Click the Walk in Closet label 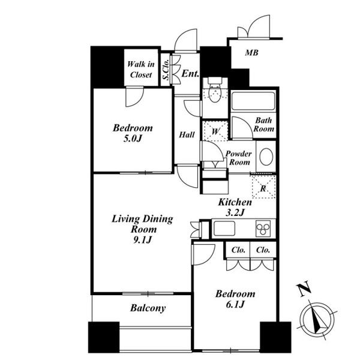pyautogui.click(x=141, y=69)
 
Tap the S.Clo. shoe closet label pyautogui.click(x=166, y=70)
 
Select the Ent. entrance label pyautogui.click(x=190, y=74)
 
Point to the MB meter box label pyautogui.click(x=251, y=53)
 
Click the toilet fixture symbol pyautogui.click(x=215, y=90)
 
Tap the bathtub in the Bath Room pyautogui.click(x=253, y=101)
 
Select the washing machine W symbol pyautogui.click(x=215, y=131)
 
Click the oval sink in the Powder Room pyautogui.click(x=266, y=157)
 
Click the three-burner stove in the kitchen pyautogui.click(x=263, y=229)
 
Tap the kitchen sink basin pyautogui.click(x=224, y=229)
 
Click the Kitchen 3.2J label pyautogui.click(x=235, y=208)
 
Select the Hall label pyautogui.click(x=187, y=135)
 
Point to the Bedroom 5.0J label pyautogui.click(x=133, y=133)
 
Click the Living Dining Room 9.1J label pyautogui.click(x=142, y=229)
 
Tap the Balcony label pyautogui.click(x=148, y=308)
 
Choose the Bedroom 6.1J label pyautogui.click(x=235, y=299)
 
